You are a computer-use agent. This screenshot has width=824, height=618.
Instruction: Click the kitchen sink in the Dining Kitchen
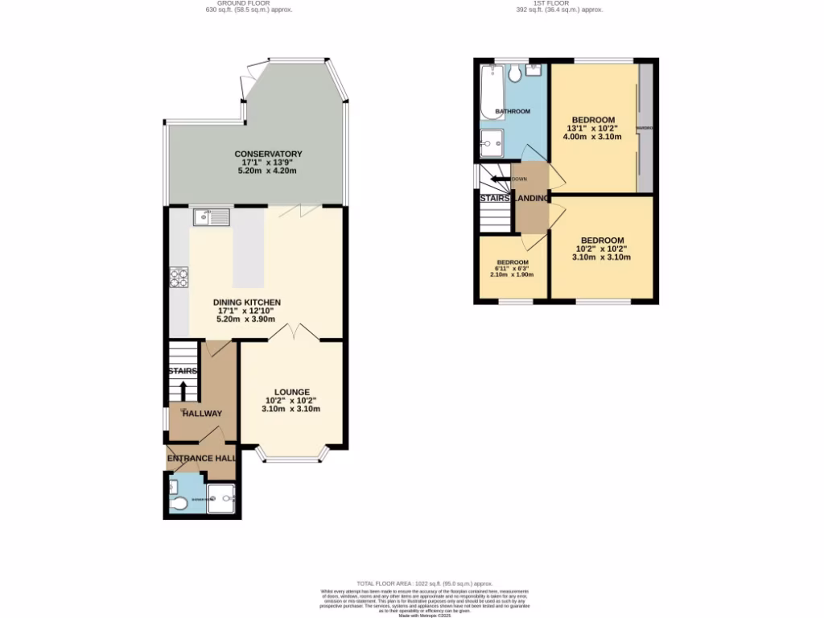click(x=211, y=216)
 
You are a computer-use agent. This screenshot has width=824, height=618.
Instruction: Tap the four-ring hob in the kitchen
click(x=179, y=278)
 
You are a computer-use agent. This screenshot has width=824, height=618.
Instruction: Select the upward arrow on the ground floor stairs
click(x=183, y=390)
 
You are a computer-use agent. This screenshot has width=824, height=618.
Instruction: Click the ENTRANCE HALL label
click(x=201, y=458)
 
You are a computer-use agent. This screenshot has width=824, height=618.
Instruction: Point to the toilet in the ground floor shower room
click(x=179, y=504)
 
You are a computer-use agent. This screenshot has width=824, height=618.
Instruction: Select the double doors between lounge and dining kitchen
click(x=294, y=332)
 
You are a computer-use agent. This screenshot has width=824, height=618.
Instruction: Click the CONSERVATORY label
click(x=268, y=154)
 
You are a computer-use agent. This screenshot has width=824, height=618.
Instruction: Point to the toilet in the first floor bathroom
click(x=515, y=75)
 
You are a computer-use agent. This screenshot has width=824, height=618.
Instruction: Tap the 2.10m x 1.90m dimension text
click(x=512, y=274)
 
